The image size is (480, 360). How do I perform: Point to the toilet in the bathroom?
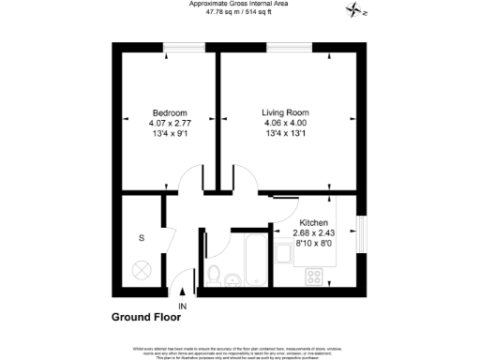click(215, 276)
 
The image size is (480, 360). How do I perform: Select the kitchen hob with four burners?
click(315, 276)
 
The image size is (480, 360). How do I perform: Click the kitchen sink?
click(284, 251)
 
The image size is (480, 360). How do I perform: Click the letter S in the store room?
click(142, 238)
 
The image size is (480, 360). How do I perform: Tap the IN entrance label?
click(183, 307)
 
